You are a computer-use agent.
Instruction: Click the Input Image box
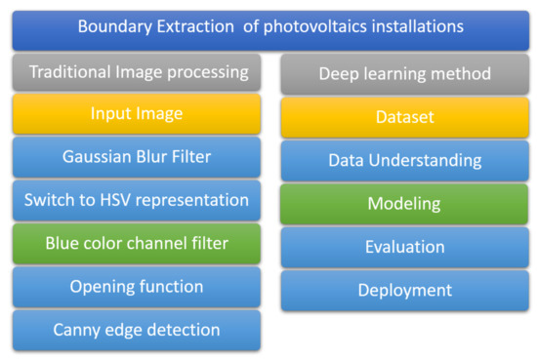pos(137,114)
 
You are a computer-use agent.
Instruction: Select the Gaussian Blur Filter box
pos(137,157)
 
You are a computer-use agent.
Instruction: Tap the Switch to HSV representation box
pos(137,200)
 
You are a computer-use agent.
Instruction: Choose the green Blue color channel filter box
pos(137,243)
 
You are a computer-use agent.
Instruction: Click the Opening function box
pos(137,287)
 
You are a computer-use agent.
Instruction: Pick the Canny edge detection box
pos(137,330)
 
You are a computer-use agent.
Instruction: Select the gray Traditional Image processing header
pos(137,72)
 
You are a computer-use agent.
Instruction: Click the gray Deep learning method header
pos(404,74)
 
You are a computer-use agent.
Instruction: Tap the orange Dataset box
pos(404,117)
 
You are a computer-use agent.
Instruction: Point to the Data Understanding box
pos(404,160)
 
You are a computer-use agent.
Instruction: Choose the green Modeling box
pos(404,204)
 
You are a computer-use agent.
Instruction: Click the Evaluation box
pos(404,247)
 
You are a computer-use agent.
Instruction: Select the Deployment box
pos(404,290)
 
